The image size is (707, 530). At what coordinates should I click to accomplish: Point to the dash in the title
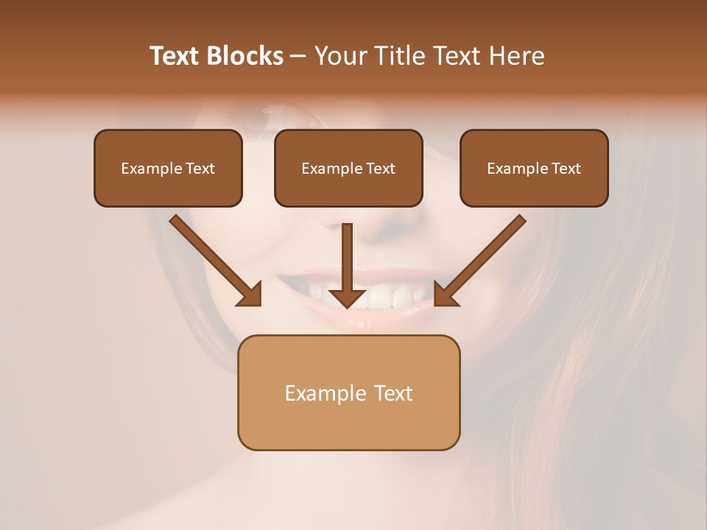(299, 57)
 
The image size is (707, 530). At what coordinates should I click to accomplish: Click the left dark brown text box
(168, 169)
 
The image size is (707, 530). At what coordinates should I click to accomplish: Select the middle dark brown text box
(348, 169)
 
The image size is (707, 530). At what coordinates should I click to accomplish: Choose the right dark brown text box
(534, 169)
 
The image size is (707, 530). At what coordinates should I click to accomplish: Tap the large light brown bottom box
(348, 392)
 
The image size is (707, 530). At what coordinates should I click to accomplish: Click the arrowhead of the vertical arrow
(347, 297)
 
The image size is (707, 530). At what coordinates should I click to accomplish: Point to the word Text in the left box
(200, 169)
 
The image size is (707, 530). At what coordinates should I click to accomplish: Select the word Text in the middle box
(380, 169)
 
